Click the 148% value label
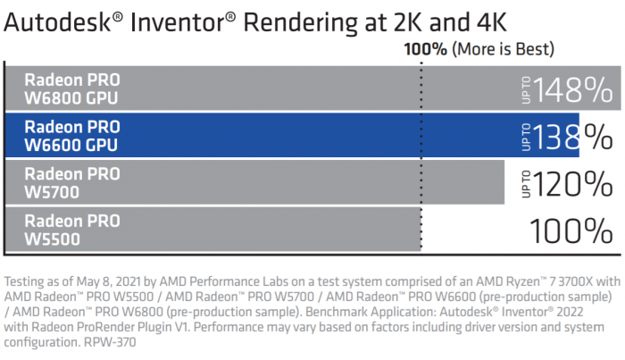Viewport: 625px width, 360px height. coord(573,88)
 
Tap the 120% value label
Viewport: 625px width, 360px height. coord(573,183)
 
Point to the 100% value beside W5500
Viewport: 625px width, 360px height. coord(571,230)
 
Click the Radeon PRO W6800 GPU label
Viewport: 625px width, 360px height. coord(71,88)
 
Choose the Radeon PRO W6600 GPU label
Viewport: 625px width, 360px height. coord(71,135)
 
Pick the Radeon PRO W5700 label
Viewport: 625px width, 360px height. coord(71,182)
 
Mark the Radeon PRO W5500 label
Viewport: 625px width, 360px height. coord(71,230)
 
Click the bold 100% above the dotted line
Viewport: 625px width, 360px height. coord(426,48)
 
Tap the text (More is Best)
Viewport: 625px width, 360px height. coord(503,48)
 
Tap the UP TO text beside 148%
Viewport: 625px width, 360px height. coord(525,88)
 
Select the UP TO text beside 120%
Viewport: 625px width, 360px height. coord(525,183)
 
